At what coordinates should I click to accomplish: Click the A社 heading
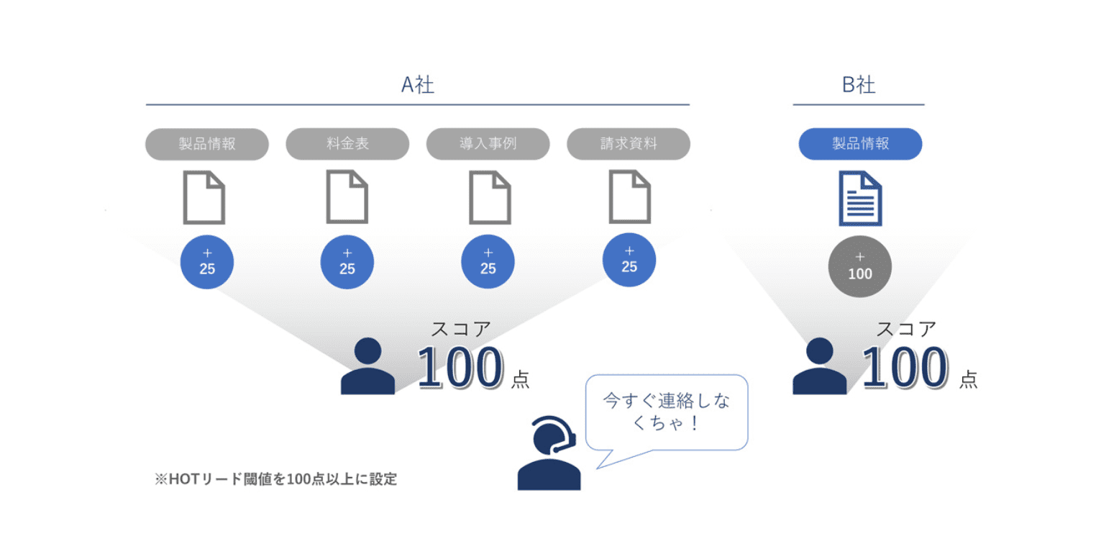[417, 85]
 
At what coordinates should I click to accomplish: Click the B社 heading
[858, 85]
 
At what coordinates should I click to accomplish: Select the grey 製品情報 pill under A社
[207, 144]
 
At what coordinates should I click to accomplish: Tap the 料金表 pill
[347, 144]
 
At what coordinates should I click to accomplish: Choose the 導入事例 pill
[488, 144]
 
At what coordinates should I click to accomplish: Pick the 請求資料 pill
[629, 144]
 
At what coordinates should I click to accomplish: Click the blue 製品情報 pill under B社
[860, 144]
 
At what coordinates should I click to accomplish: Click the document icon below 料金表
[347, 197]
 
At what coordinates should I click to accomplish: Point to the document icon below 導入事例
[490, 197]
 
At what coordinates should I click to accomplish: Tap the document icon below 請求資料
[630, 197]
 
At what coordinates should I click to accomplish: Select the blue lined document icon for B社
[860, 199]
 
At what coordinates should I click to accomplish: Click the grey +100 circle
[860, 267]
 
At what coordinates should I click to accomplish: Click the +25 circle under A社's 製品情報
[207, 262]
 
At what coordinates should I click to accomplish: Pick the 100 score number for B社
[903, 368]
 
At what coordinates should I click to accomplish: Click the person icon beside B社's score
[819, 366]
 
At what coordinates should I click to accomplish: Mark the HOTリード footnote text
[275, 479]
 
